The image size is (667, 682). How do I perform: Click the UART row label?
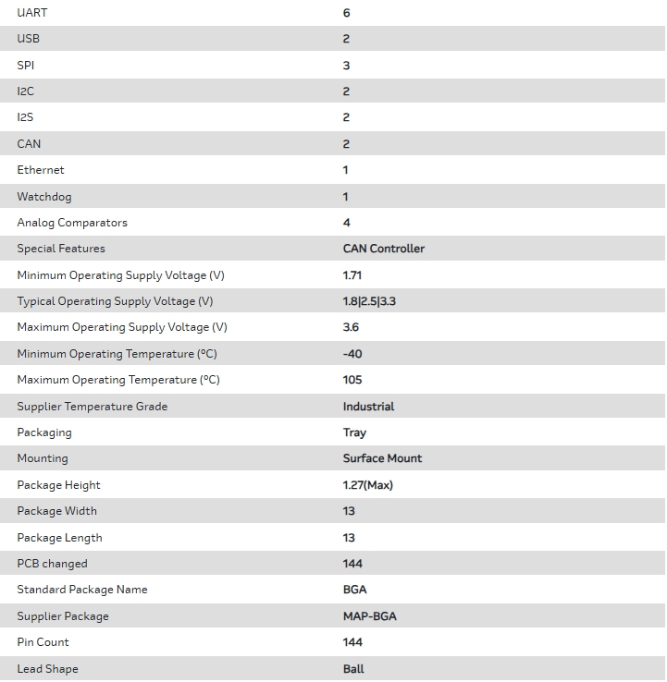32,13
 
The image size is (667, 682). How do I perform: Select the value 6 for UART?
347,13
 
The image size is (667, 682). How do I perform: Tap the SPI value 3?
347,66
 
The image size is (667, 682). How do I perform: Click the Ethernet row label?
41,170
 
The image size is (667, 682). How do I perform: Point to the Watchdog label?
43,197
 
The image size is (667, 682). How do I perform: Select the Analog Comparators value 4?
347,223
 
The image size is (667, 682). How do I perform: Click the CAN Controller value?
384,249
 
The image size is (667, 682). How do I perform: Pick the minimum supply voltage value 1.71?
352,275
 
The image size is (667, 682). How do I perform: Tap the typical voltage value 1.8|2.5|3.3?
369,301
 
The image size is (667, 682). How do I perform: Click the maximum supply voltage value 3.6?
351,327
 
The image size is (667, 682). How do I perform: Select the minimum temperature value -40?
352,354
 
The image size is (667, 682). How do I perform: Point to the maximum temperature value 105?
352,380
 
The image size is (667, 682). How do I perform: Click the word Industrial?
368,407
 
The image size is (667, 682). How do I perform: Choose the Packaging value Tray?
354,432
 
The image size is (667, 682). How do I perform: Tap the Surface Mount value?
382,458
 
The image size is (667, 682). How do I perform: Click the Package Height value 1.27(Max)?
367,485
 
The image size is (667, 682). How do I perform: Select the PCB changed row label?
52,564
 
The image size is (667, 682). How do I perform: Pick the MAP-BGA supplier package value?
369,616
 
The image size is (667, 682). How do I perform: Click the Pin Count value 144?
352,642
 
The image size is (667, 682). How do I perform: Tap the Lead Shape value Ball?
353,669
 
